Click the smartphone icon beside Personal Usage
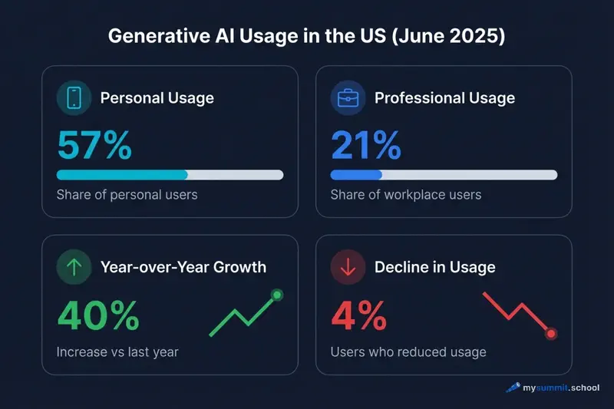[x=74, y=98]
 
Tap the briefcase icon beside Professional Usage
[x=348, y=98]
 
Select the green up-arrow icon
[x=74, y=267]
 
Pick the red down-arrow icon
[x=348, y=267]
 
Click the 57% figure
[x=94, y=145]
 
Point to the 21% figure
[x=365, y=145]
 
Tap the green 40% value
[x=98, y=315]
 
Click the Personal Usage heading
[x=157, y=98]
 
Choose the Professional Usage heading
[x=444, y=98]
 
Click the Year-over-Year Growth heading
[x=183, y=267]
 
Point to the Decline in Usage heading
[x=434, y=267]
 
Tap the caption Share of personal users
[x=127, y=194]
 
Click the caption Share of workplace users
[x=405, y=194]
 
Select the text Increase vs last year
[x=117, y=352]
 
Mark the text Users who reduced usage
[x=408, y=352]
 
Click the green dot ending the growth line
[x=277, y=295]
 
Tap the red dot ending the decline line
[x=550, y=334]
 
